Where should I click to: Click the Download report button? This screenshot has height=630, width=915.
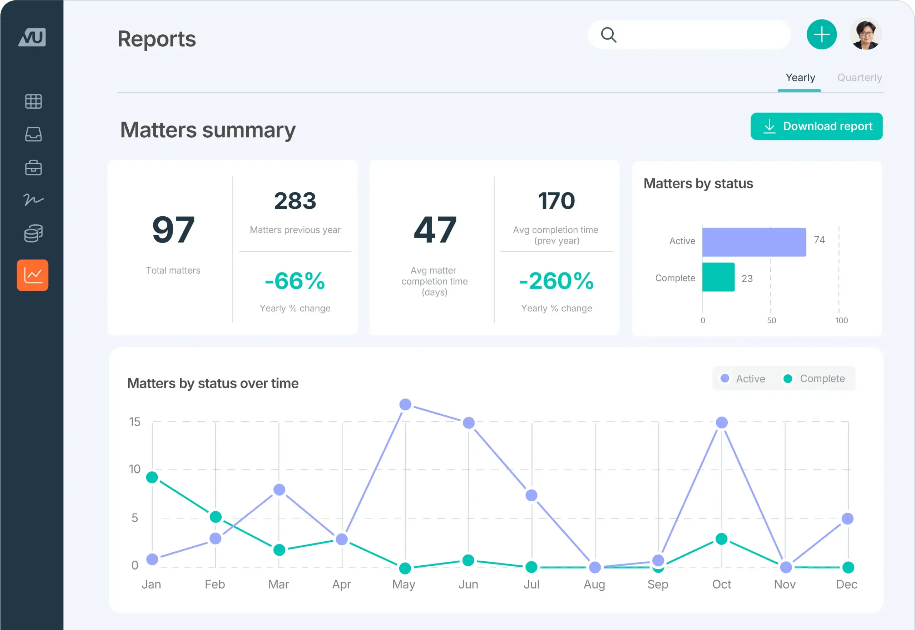pyautogui.click(x=816, y=126)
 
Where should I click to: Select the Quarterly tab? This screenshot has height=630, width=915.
pyautogui.click(x=859, y=78)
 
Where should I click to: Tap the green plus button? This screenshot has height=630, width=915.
pyautogui.click(x=821, y=35)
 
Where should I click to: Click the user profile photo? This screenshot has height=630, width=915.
pyautogui.click(x=865, y=35)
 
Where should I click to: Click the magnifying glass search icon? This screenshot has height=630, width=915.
pyautogui.click(x=608, y=35)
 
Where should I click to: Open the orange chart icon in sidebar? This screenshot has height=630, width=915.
pyautogui.click(x=33, y=275)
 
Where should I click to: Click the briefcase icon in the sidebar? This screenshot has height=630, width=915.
pyautogui.click(x=34, y=167)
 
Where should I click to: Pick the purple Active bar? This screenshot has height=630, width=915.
pyautogui.click(x=754, y=242)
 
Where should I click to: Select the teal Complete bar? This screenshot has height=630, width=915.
pyautogui.click(x=718, y=277)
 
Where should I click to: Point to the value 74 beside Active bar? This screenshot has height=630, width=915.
pyautogui.click(x=819, y=240)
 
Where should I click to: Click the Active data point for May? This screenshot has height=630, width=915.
pyautogui.click(x=405, y=404)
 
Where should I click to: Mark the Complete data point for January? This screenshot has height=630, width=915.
pyautogui.click(x=152, y=477)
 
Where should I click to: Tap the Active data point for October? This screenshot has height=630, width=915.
pyautogui.click(x=722, y=422)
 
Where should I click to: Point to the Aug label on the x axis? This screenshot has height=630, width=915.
pyautogui.click(x=594, y=585)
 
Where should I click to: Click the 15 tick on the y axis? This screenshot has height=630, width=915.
pyautogui.click(x=134, y=422)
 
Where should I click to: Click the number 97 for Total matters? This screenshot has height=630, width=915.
pyautogui.click(x=173, y=230)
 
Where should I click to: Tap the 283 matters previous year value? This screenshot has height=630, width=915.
pyautogui.click(x=295, y=201)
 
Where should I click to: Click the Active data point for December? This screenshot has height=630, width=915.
pyautogui.click(x=847, y=519)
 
